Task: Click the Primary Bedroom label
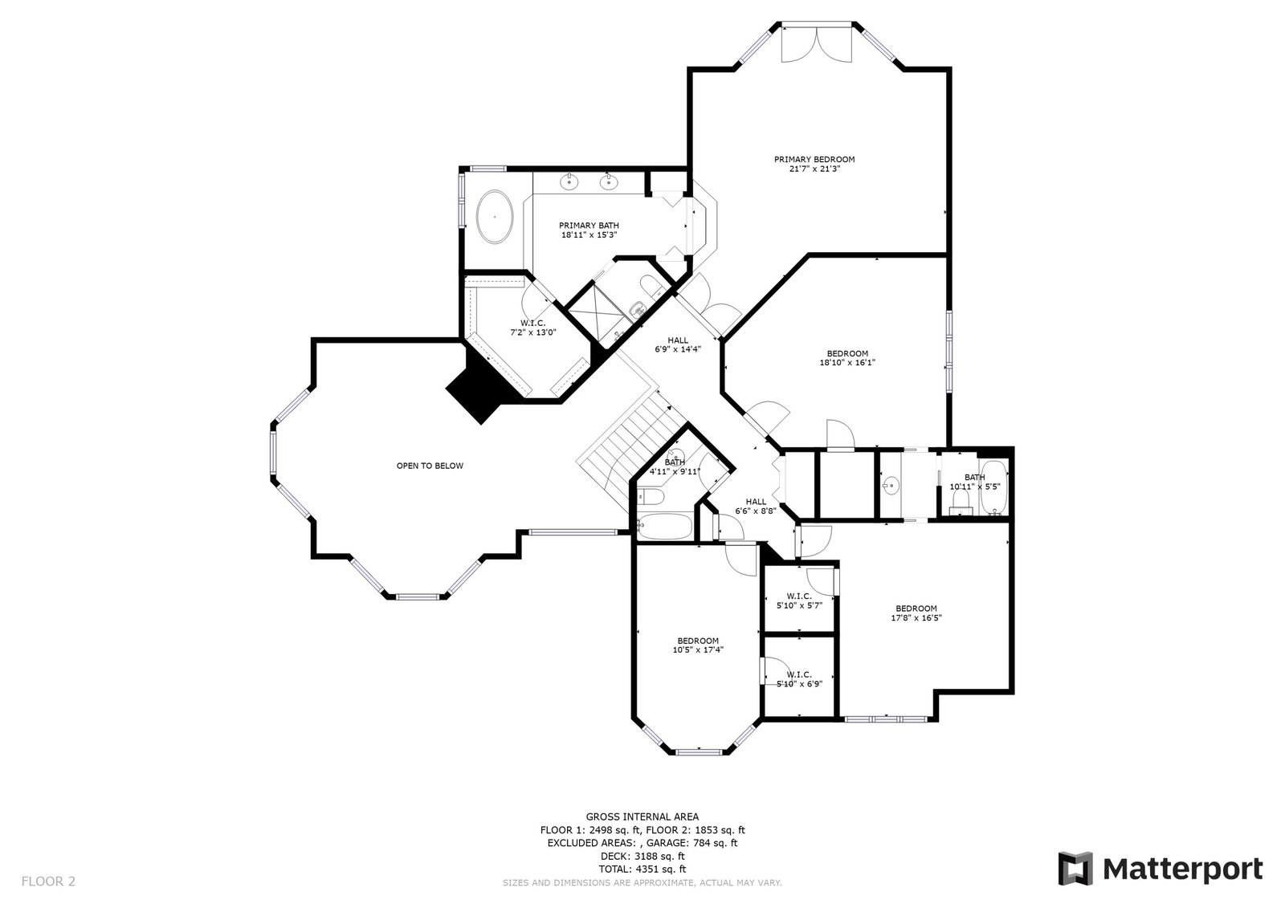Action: click(814, 160)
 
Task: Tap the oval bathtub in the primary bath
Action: click(495, 217)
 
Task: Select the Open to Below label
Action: click(430, 466)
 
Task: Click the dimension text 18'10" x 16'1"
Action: click(847, 363)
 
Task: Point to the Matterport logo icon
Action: click(1075, 869)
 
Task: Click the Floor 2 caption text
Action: click(48, 881)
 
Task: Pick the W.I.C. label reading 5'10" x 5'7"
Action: click(799, 601)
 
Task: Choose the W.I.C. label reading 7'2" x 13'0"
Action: click(533, 328)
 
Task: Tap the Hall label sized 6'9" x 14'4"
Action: click(678, 344)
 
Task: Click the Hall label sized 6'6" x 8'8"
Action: click(756, 506)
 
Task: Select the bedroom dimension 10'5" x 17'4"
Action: click(698, 649)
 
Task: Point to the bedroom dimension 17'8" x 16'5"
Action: click(916, 617)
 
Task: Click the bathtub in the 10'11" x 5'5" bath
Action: click(993, 487)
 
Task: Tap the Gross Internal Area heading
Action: click(642, 816)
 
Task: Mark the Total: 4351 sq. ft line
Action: click(642, 869)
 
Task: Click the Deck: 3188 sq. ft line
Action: click(642, 857)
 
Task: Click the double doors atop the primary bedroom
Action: click(817, 44)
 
